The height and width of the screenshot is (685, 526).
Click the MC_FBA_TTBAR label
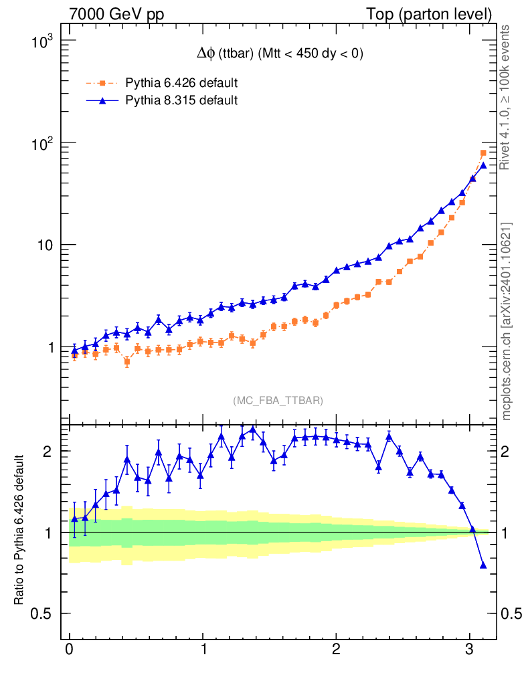coord(278,401)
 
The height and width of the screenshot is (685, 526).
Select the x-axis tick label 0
coord(70,650)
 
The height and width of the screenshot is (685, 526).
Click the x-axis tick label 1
coord(203,650)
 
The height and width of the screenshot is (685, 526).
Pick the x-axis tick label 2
coord(336,650)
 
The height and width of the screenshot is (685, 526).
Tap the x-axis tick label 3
coord(469,650)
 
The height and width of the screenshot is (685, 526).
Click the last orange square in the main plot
coord(483,153)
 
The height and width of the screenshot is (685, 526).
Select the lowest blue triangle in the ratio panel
coord(483,565)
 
